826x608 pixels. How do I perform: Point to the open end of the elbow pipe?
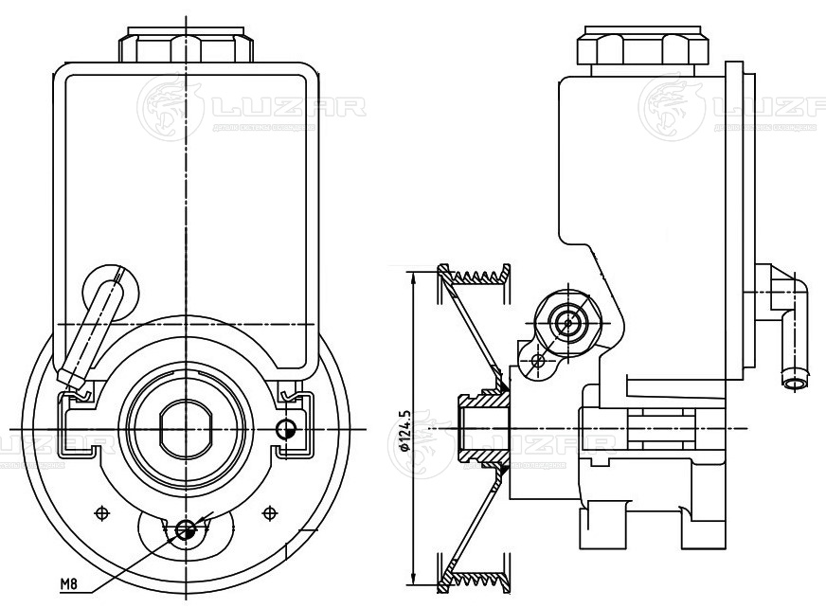(795, 383)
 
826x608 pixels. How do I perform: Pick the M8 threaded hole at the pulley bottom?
(188, 530)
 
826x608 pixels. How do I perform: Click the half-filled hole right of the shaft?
(285, 429)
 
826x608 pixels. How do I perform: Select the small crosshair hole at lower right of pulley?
(272, 511)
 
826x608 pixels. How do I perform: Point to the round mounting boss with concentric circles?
(568, 323)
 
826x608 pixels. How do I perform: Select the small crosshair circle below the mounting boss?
(538, 360)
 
